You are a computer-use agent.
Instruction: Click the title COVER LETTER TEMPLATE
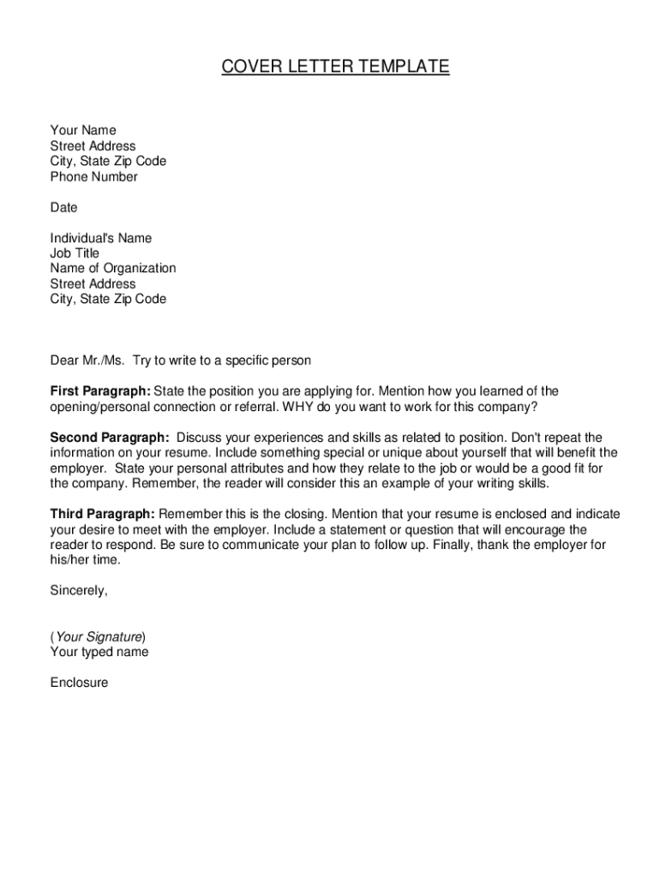click(335, 67)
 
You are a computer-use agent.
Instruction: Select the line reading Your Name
click(82, 131)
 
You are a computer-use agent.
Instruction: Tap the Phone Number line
click(93, 177)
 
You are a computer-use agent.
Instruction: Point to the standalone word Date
click(63, 208)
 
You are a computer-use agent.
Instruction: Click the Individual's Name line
click(100, 238)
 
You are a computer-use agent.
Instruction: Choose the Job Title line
click(75, 254)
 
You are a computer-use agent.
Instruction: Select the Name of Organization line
click(112, 269)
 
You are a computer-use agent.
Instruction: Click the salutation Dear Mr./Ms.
click(87, 361)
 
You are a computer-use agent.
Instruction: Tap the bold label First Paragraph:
click(100, 391)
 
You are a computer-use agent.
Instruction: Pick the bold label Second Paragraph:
click(109, 438)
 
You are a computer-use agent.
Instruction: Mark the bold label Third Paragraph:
click(102, 514)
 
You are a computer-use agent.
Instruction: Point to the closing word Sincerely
click(79, 591)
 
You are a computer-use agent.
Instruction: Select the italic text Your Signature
click(99, 637)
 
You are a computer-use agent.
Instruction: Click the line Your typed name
click(99, 653)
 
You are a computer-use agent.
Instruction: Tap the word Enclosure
click(79, 683)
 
